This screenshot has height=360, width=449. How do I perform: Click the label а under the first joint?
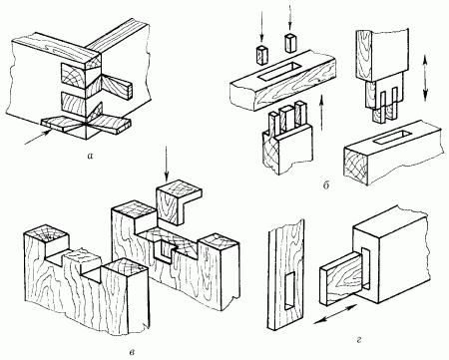pos(88,156)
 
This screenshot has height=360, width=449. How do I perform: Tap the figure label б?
pos(326,185)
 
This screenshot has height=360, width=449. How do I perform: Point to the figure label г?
pos(359,340)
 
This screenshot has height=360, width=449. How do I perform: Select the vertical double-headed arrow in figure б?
pos(426,76)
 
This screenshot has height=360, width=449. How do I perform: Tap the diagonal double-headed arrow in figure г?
pos(335,313)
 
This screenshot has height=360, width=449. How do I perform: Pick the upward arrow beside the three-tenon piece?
pos(322,112)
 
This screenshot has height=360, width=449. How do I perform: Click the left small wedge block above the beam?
pos(262,54)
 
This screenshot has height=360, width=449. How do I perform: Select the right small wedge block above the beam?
pos(290,43)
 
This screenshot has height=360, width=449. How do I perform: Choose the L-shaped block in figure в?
pos(179,201)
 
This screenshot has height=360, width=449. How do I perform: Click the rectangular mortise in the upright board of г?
pos(290,290)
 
